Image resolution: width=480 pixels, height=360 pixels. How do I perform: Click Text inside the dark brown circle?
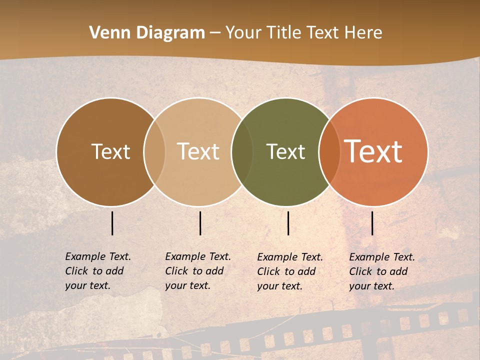click(110, 152)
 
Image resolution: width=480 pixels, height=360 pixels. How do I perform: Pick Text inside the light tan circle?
click(198, 152)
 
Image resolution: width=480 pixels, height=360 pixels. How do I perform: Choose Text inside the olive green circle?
click(285, 152)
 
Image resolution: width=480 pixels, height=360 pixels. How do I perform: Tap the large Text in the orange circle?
click(373, 151)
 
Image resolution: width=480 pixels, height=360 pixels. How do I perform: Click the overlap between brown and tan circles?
click(154, 152)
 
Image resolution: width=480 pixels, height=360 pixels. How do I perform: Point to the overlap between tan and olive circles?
click(242, 152)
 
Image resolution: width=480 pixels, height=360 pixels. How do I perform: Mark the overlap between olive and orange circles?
click(328, 152)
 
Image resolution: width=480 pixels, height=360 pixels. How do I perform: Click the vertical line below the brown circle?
click(112, 223)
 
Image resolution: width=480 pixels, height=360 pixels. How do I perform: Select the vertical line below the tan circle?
click(200, 223)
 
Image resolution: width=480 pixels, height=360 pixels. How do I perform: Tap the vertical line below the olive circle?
click(288, 223)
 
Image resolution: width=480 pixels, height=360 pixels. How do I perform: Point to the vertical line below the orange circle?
click(372, 223)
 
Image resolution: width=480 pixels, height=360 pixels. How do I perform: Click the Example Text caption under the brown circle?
click(97, 271)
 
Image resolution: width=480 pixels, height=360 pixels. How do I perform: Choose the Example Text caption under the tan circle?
click(197, 271)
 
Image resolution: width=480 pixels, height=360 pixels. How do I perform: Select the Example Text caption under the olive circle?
click(289, 271)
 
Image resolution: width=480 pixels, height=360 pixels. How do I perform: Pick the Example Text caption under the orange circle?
click(381, 271)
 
